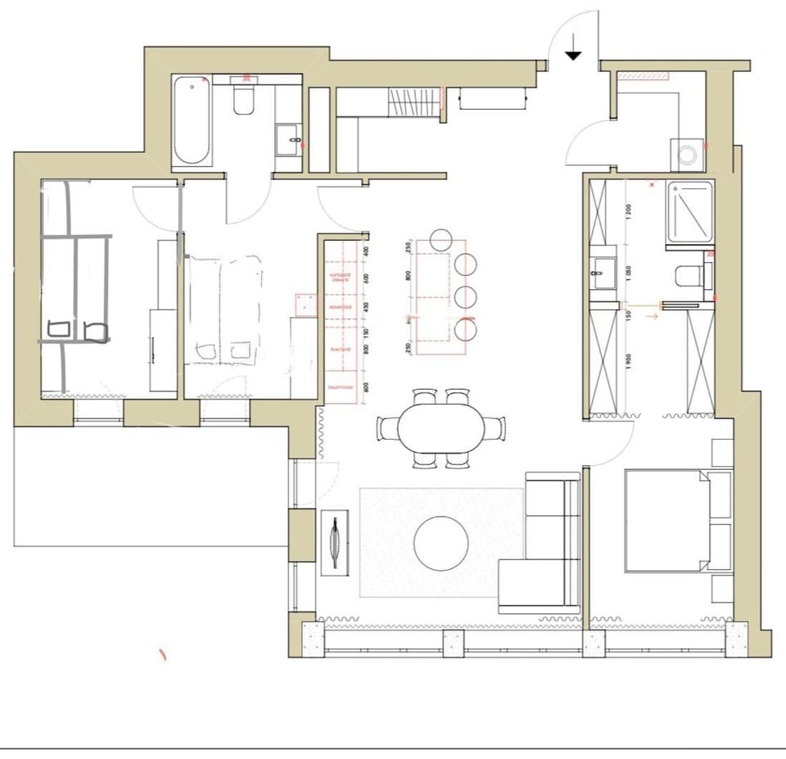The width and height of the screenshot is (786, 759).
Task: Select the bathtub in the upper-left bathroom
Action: [x=192, y=120]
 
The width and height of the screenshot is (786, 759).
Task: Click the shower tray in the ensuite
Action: [x=689, y=212]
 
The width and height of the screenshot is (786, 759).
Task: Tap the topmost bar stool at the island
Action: [x=440, y=239]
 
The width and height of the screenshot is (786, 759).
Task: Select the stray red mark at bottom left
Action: [x=162, y=654]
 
